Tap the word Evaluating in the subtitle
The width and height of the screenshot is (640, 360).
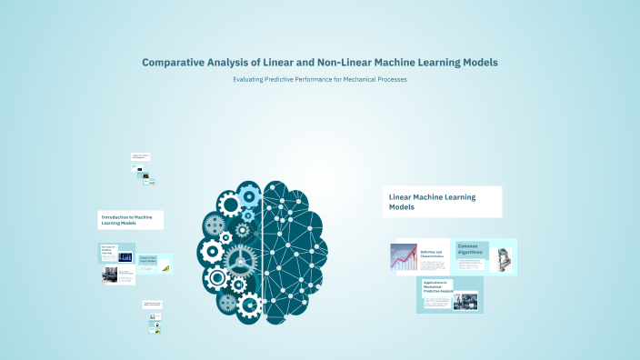[x=253, y=80]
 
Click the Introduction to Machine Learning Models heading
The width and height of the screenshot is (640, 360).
[x=132, y=219]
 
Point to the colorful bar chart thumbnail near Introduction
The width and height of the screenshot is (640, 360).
[x=165, y=267]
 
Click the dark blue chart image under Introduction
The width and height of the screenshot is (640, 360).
[x=125, y=257]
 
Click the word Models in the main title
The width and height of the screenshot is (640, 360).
[x=478, y=63]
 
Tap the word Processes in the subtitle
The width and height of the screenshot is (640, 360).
[x=388, y=80]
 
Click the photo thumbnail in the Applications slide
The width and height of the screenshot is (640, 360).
[x=466, y=299]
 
